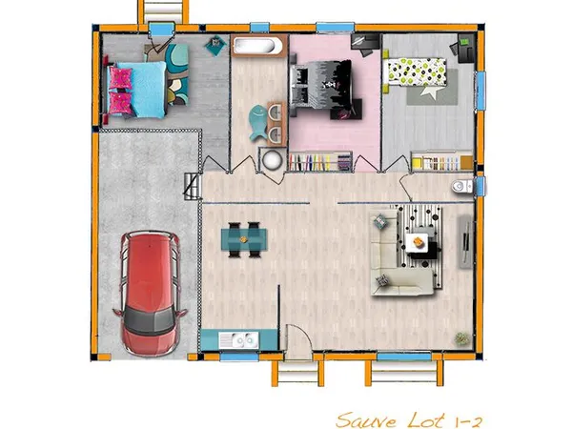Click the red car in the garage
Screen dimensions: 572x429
click(x=150, y=294)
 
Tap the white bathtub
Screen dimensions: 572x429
click(x=256, y=46)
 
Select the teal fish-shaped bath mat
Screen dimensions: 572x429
click(x=258, y=123)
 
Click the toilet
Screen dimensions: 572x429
click(x=462, y=186)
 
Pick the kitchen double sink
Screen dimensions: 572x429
click(x=239, y=340)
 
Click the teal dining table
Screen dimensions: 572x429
click(x=244, y=239)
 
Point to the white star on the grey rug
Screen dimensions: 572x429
click(x=429, y=92)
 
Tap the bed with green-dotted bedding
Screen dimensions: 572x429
click(x=414, y=71)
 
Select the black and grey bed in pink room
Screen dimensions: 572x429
click(x=321, y=87)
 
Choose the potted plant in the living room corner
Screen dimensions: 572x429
click(x=461, y=338)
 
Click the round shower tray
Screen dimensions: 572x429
click(x=272, y=159)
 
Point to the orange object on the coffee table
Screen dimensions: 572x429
click(x=419, y=241)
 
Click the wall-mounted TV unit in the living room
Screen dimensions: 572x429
click(x=465, y=242)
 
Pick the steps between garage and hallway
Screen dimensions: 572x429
click(x=193, y=187)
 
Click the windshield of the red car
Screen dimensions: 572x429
click(x=150, y=322)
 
